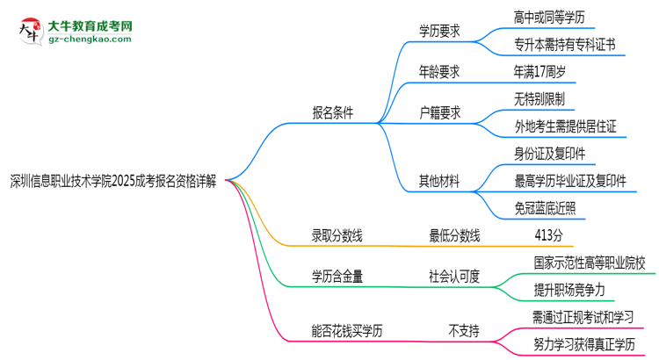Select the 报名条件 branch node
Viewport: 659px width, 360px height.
click(333, 113)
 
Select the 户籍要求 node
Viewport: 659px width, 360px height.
click(442, 113)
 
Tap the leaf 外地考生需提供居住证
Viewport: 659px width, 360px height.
click(565, 126)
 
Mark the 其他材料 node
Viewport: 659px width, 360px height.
click(442, 182)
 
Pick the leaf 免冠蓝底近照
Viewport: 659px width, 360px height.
click(546, 208)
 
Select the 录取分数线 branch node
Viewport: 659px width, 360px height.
click(337, 234)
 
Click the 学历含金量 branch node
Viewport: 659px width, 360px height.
click(337, 276)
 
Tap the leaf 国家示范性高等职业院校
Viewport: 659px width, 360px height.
click(589, 262)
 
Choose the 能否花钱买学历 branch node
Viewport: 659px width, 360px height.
click(347, 331)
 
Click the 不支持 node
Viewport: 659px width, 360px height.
click(464, 331)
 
